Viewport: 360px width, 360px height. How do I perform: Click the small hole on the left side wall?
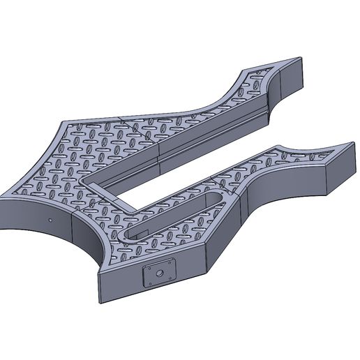coord(51,218)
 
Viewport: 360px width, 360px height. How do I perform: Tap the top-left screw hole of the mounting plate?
coord(147,269)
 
